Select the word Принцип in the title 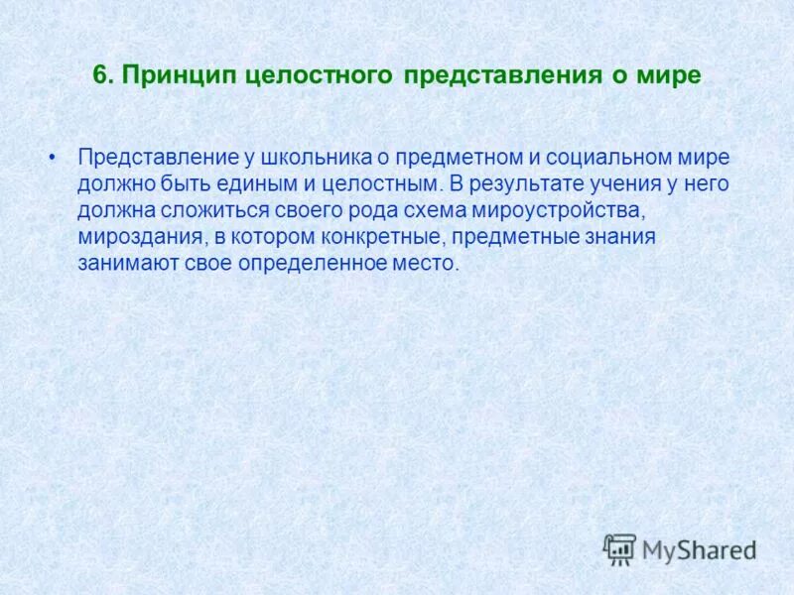[x=169, y=76]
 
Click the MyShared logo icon [x=619, y=549]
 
